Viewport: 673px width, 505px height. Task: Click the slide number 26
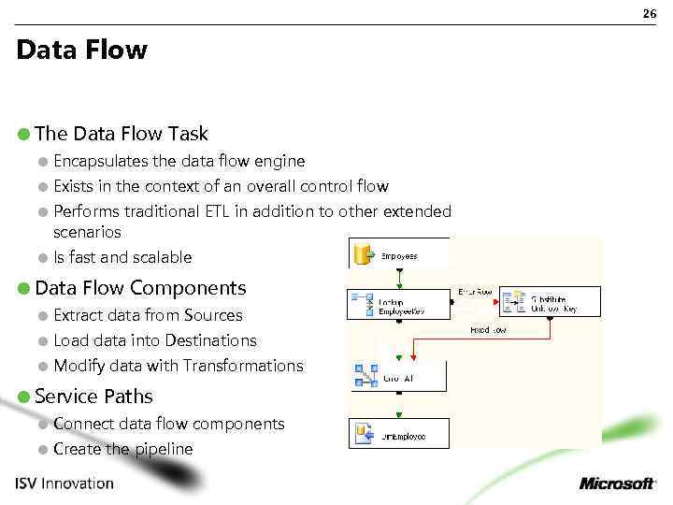650,13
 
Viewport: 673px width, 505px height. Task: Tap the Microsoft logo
617,483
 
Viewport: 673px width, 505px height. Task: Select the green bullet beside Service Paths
24,397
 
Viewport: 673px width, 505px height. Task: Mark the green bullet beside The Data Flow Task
24,135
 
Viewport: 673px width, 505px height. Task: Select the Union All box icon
365,376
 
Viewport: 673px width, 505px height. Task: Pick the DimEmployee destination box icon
365,433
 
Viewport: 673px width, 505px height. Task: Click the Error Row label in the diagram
475,292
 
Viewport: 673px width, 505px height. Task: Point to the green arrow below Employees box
399,278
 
